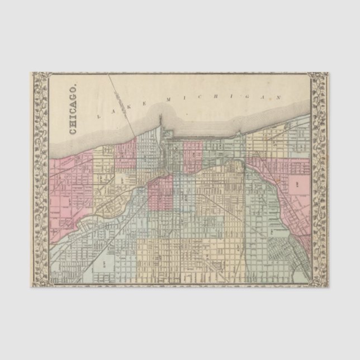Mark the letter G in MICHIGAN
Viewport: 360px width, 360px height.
(247, 97)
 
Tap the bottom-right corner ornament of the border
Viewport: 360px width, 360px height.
(320, 281)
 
